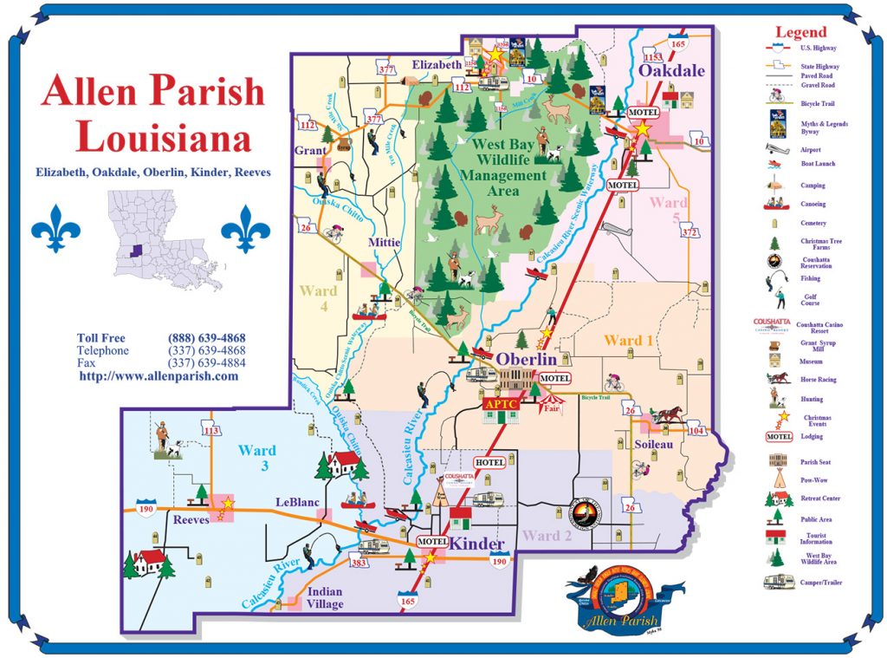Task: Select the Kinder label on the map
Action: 476,544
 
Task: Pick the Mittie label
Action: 384,243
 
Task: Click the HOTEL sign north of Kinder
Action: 489,463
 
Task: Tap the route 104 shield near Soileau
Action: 696,430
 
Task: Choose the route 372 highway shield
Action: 690,231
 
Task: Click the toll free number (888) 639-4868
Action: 206,338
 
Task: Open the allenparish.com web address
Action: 159,377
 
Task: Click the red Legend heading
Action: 800,32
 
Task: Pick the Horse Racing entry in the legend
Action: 813,378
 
